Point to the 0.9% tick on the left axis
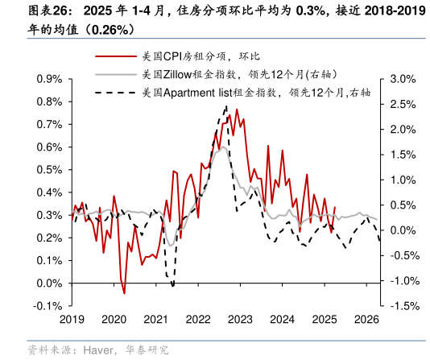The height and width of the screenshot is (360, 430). pyautogui.click(x=50, y=80)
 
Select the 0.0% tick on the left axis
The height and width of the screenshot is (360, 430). pyautogui.click(x=50, y=283)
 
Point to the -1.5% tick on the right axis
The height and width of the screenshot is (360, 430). pyautogui.click(x=401, y=306)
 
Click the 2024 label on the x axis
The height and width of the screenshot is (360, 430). pyautogui.click(x=283, y=319)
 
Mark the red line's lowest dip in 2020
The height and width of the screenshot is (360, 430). pyautogui.click(x=124, y=293)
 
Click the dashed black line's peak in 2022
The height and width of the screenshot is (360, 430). pyautogui.click(x=225, y=106)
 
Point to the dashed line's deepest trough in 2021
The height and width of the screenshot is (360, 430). pyautogui.click(x=172, y=285)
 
